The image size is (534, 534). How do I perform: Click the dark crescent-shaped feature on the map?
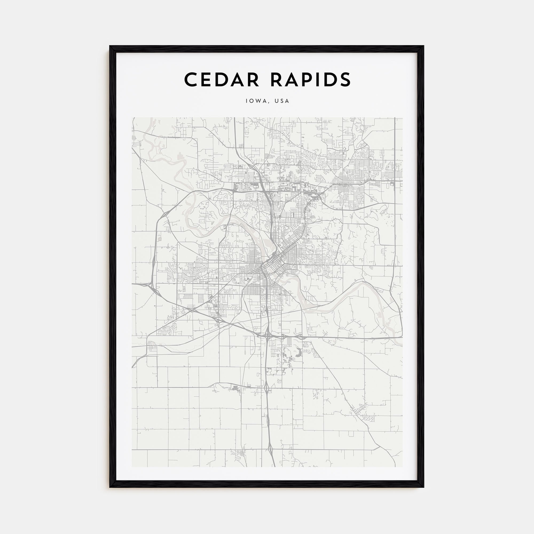point(299,352)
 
